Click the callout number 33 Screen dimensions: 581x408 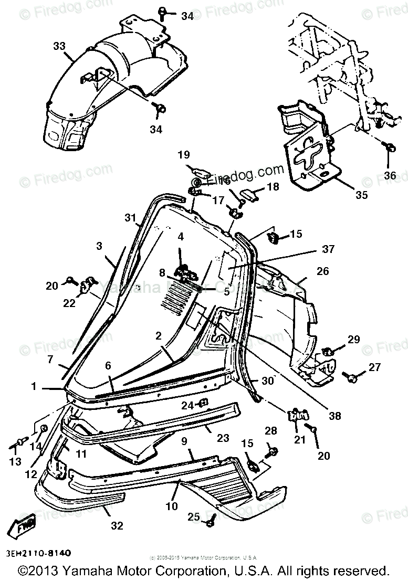click(x=59, y=46)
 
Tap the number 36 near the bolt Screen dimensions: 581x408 click(x=389, y=175)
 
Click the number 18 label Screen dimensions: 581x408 click(x=274, y=187)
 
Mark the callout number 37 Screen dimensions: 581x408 click(x=328, y=249)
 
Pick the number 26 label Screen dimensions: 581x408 click(x=322, y=271)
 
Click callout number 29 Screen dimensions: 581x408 click(x=354, y=340)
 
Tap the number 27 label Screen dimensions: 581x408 click(x=374, y=367)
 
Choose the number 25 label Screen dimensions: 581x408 click(x=194, y=517)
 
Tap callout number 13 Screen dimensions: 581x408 click(x=15, y=461)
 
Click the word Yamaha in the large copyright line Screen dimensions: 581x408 click(x=95, y=570)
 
